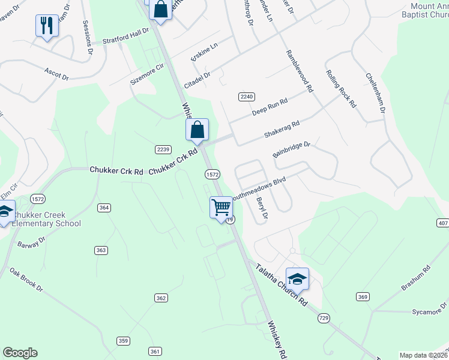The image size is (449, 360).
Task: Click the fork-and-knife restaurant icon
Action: [47, 26]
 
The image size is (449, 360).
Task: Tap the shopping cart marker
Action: [221, 208]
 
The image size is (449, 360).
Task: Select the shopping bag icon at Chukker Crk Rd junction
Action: [197, 130]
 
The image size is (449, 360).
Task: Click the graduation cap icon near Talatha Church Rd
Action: [297, 279]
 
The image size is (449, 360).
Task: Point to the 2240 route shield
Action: [247, 97]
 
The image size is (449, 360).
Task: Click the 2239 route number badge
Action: [163, 149]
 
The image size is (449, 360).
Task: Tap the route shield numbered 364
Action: [104, 208]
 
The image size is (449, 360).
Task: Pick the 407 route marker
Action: [442, 223]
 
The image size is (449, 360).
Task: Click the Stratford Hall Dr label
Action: [125, 37]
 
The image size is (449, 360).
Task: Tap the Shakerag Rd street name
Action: [282, 130]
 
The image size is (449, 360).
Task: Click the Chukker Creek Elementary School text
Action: [47, 219]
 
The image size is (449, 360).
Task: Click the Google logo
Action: [20, 353]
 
